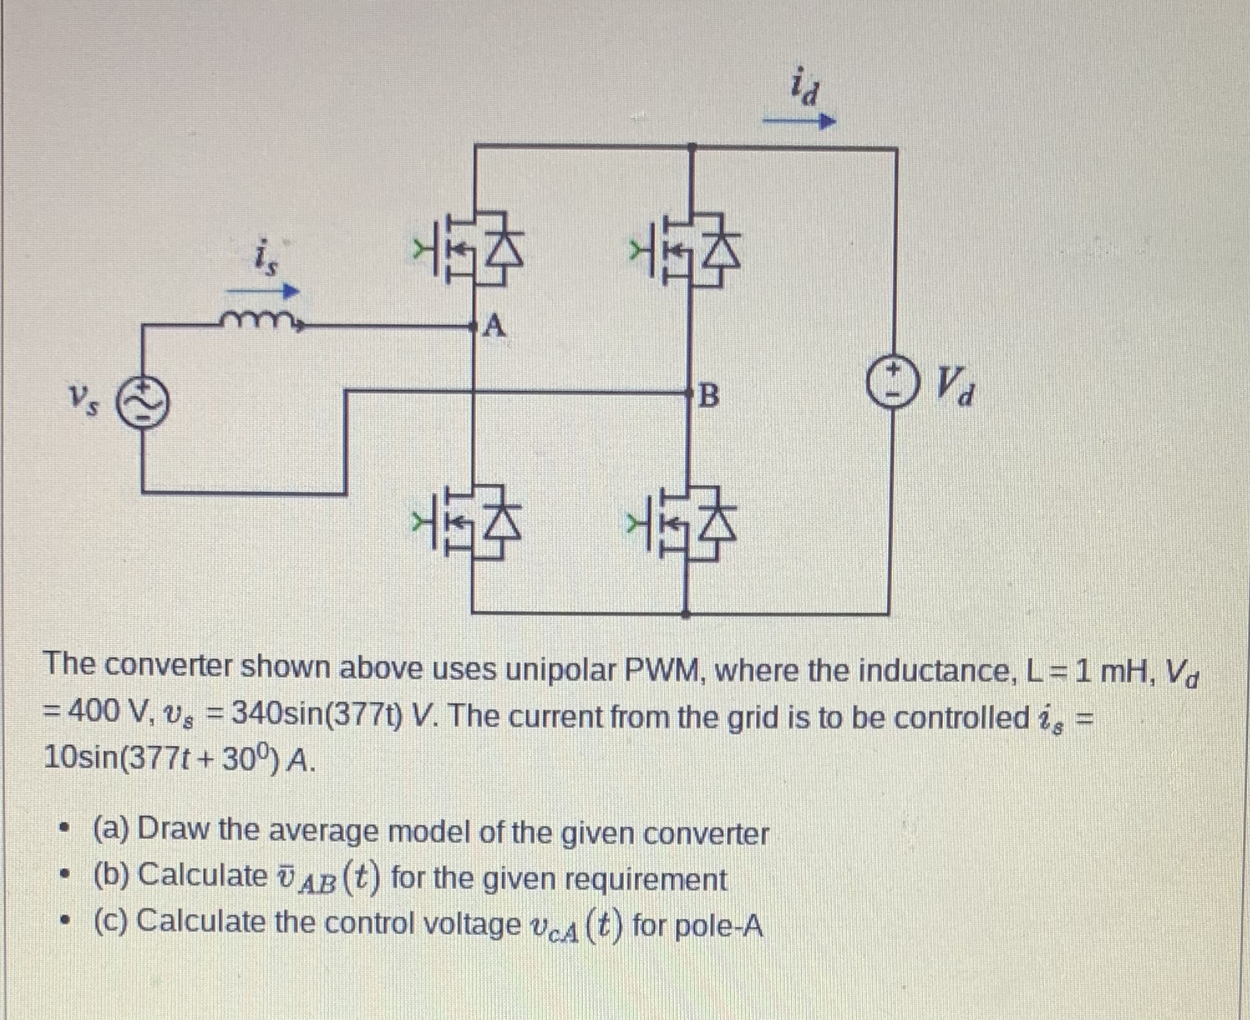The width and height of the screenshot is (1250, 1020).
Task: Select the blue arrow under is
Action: tap(262, 291)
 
